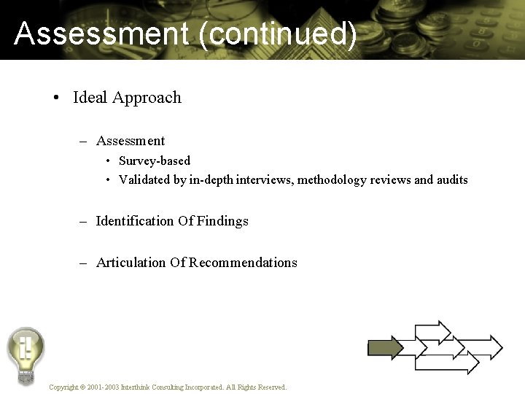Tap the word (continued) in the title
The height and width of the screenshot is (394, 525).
pyautogui.click(x=277, y=34)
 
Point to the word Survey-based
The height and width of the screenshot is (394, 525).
pyautogui.click(x=155, y=161)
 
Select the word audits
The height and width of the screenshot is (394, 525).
pyautogui.click(x=452, y=179)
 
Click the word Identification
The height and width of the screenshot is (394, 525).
pyautogui.click(x=134, y=221)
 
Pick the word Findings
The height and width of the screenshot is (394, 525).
pyautogui.click(x=224, y=221)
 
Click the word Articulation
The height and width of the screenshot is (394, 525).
pyautogui.click(x=131, y=263)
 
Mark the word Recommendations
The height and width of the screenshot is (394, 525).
pyautogui.click(x=244, y=263)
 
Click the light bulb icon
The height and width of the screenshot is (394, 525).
pyautogui.click(x=26, y=354)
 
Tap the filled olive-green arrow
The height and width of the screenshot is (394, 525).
pyautogui.click(x=385, y=348)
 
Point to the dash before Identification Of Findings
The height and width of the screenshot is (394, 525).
pyautogui.click(x=84, y=221)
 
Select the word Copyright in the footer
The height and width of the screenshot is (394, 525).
pyautogui.click(x=63, y=387)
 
